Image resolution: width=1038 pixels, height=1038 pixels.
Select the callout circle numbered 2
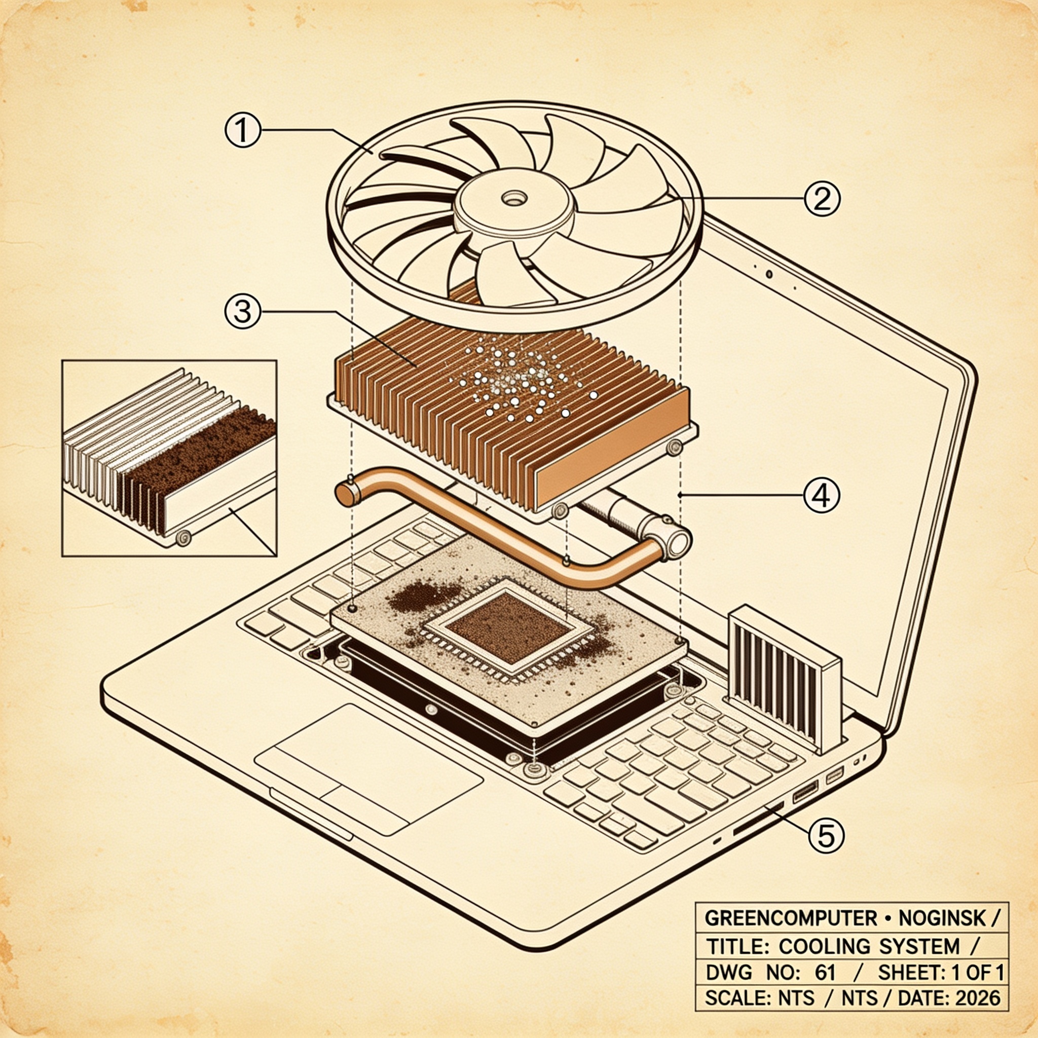822,198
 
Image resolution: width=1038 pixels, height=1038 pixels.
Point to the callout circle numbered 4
821,494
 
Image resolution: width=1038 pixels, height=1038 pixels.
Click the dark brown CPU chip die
508,627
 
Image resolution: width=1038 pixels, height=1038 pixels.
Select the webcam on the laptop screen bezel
769,274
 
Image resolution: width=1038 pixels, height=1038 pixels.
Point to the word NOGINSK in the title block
935,918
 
